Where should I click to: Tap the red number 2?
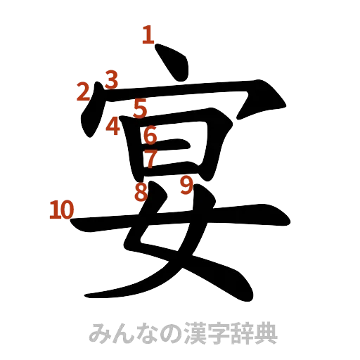(x=84, y=91)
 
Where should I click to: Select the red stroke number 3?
(x=110, y=78)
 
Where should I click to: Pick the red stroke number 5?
(x=139, y=108)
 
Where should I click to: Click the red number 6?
(x=150, y=134)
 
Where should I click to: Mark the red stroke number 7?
(x=149, y=158)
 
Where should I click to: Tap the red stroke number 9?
(x=186, y=185)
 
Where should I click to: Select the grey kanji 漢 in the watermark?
(x=190, y=333)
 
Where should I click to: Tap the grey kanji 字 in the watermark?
(x=214, y=333)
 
